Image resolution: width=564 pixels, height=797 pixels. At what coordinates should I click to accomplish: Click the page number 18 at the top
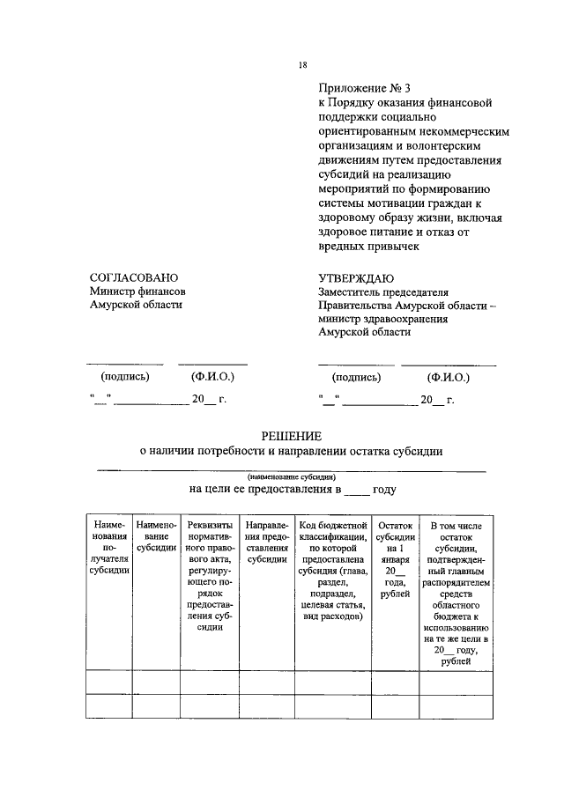[x=302, y=65]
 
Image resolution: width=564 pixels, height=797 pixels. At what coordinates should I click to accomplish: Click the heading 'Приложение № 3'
[x=365, y=88]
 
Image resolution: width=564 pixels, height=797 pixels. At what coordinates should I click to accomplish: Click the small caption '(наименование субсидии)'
[x=291, y=474]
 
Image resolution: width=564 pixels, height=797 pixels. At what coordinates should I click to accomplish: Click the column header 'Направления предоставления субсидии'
[x=266, y=541]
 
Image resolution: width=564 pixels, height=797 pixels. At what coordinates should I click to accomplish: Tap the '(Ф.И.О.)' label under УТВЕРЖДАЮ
[x=448, y=377]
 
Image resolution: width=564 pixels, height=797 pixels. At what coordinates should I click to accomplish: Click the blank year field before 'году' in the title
[x=356, y=490]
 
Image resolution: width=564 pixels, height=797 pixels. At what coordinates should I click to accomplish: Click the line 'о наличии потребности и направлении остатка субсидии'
[x=291, y=452]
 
